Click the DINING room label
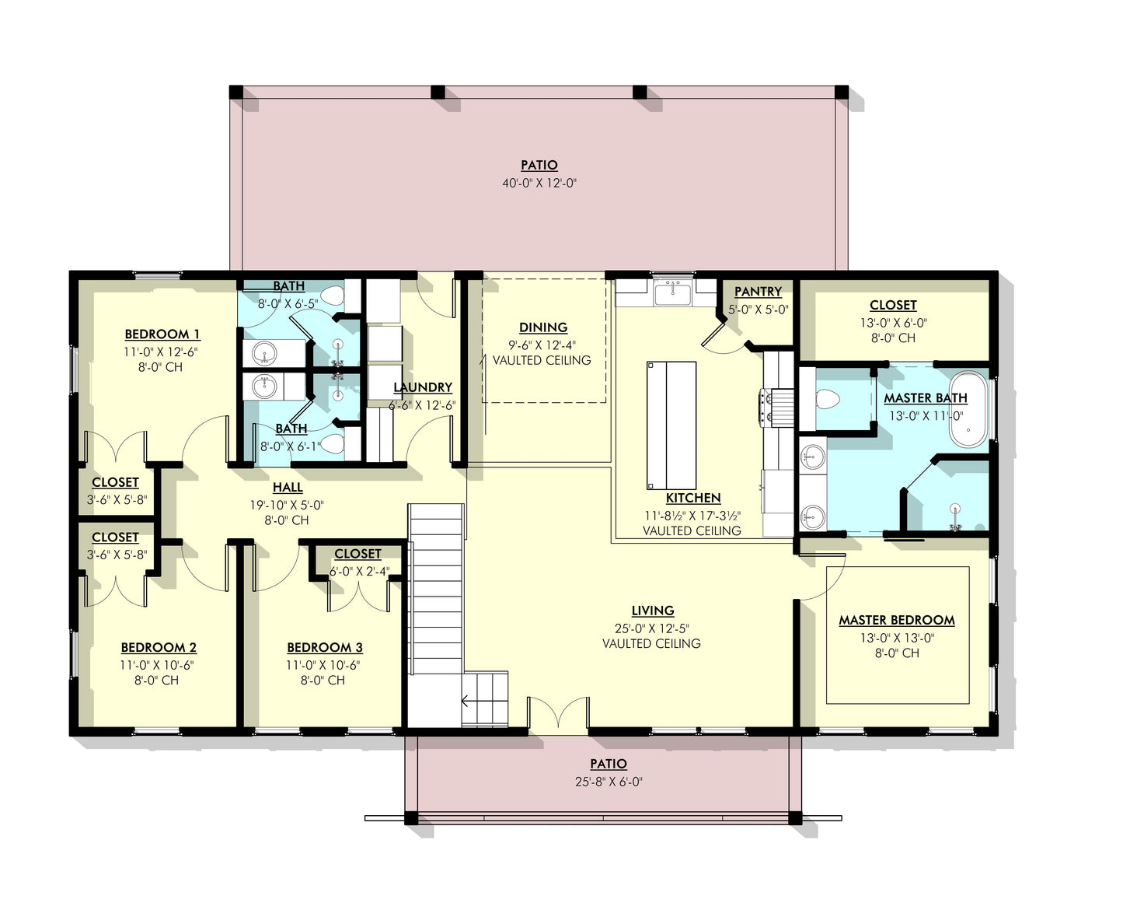[543, 327]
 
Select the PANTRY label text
[758, 292]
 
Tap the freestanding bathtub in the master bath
[968, 412]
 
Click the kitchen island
[670, 425]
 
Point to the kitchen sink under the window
[673, 293]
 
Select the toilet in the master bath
[828, 399]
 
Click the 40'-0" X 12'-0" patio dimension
[539, 184]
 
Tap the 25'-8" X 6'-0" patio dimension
[608, 782]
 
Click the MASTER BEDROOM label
[896, 620]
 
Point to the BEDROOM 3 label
[324, 647]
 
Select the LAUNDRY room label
[422, 387]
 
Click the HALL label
[287, 488]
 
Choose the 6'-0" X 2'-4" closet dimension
[357, 570]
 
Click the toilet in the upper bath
[333, 296]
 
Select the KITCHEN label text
[692, 498]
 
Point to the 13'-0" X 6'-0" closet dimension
[893, 322]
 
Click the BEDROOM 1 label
[162, 334]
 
